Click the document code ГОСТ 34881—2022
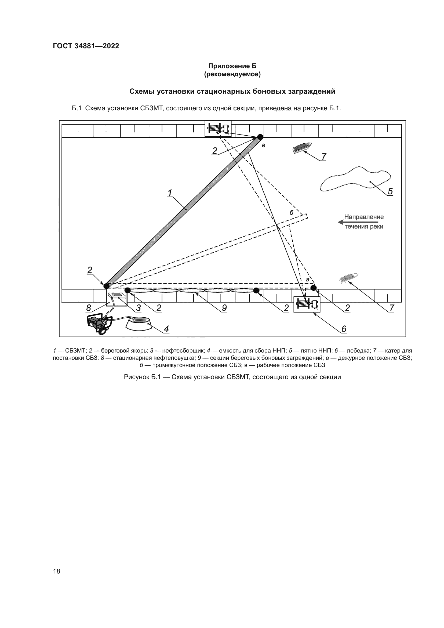(x=86, y=46)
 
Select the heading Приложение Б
(x=232, y=66)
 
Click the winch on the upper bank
(x=218, y=129)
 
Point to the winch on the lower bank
(x=307, y=304)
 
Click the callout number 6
(x=344, y=329)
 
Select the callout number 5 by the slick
(x=390, y=191)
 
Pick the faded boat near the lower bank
(x=348, y=278)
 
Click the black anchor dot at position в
(x=260, y=136)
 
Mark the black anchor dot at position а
(x=314, y=288)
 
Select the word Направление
(x=364, y=217)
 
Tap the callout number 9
(x=224, y=308)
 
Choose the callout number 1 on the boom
(x=170, y=193)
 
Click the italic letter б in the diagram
(x=292, y=213)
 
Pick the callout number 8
(x=89, y=308)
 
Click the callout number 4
(x=166, y=329)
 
